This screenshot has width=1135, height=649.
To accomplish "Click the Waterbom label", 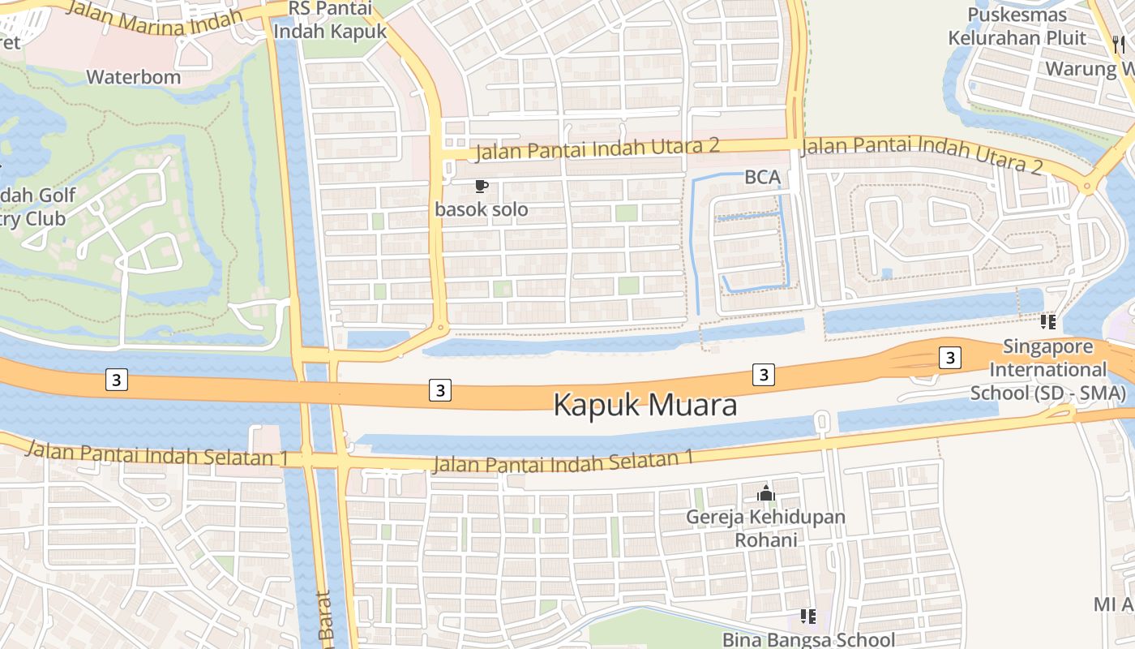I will point(134,78).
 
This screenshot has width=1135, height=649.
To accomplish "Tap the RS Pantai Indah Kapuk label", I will point(330,21).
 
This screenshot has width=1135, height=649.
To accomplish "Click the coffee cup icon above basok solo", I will point(481,187).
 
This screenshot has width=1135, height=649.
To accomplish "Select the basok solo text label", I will point(481,209).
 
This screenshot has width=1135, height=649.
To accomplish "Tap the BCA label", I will point(762,178).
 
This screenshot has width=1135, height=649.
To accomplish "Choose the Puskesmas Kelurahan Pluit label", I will point(1028,26).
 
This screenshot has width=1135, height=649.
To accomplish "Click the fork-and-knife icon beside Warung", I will point(1119,45).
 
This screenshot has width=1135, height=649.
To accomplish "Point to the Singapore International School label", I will point(1048,370).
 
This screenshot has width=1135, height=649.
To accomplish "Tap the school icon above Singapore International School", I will point(1048,322).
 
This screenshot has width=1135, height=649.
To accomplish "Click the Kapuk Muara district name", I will point(645,405).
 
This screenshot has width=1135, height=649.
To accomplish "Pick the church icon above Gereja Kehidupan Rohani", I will point(766,492).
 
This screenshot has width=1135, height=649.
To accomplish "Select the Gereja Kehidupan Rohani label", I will point(766,528).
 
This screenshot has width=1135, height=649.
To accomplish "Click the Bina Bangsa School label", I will point(808,639).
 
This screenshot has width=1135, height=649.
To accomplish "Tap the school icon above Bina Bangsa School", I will point(807,617).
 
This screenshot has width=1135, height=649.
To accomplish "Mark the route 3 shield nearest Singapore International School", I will point(950,357).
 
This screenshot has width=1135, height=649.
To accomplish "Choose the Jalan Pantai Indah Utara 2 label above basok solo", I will point(597,149).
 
